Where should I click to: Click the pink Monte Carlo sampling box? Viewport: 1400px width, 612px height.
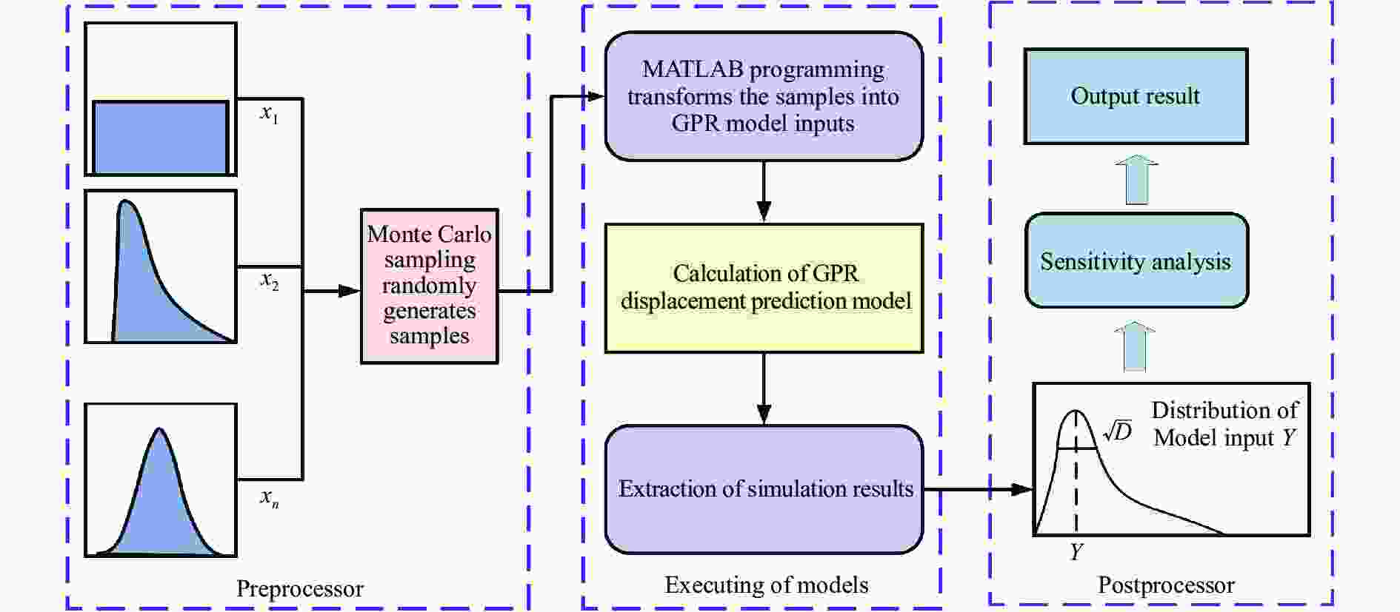pos(429,286)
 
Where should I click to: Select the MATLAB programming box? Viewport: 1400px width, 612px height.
pos(763,96)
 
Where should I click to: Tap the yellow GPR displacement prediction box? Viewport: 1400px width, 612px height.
pos(764,288)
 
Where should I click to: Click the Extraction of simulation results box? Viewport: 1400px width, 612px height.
pos(764,489)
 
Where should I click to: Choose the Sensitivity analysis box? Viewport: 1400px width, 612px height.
pos(1136,261)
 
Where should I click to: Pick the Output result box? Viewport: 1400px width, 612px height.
pos(1135,96)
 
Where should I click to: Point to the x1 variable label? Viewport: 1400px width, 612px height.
pos(269,113)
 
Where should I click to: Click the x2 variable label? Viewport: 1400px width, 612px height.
pos(270,280)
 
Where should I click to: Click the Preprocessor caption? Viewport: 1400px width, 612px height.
pos(299,589)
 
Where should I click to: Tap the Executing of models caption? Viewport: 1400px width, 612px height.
pos(766,585)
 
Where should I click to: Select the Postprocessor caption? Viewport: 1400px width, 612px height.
pos(1165,585)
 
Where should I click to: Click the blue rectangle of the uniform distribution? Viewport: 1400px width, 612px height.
pos(160,138)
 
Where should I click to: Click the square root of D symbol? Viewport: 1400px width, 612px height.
pos(1117,431)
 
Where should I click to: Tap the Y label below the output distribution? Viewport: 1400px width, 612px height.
pos(1076,552)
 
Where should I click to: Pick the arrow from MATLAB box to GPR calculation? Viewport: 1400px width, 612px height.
pos(764,192)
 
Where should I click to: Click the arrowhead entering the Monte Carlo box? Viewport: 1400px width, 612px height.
pos(349,291)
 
